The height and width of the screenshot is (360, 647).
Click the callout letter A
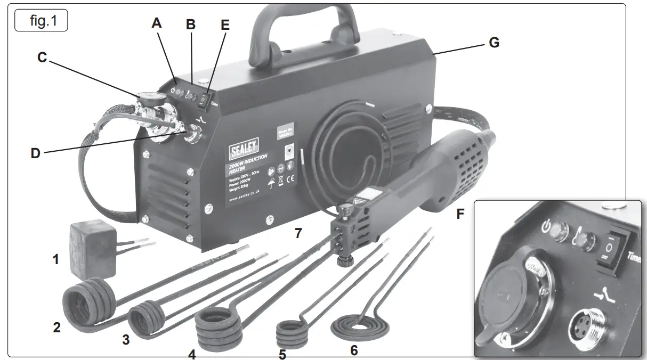(x=156, y=23)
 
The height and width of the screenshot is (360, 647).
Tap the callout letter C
(x=43, y=58)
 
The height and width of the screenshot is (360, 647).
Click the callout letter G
(x=494, y=43)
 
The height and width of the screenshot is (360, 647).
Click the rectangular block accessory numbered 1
(x=89, y=249)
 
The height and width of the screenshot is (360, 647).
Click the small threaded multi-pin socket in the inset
(x=585, y=328)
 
